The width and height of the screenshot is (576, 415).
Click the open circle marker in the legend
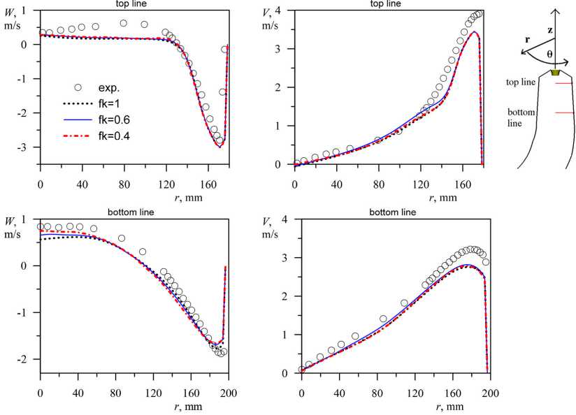pos(78,88)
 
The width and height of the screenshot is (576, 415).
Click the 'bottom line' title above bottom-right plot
pos(395,211)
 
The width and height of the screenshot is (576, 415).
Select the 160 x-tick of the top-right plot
pos(463,174)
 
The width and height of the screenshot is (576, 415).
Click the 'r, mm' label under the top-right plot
pos(443,198)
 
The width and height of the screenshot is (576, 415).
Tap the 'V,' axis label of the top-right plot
pos(269,12)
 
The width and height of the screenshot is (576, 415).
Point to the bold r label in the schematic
pos(527,40)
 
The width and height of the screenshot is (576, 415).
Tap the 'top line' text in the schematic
pos(521,82)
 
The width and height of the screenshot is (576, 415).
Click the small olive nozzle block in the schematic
pos(556,72)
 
